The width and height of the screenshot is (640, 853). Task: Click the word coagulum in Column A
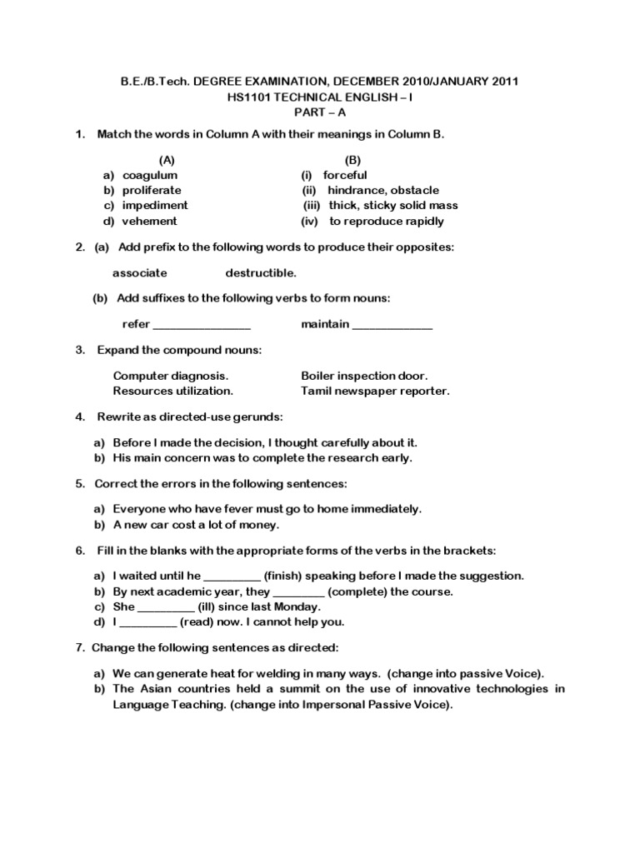[x=150, y=176]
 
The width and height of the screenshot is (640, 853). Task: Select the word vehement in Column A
[x=150, y=222]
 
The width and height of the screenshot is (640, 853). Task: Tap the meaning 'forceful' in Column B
[x=345, y=176]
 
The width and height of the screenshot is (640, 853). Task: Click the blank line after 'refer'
[x=202, y=325]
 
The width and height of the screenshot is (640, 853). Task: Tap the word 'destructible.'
[x=261, y=272]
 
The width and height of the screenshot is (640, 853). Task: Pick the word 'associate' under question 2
[x=140, y=272]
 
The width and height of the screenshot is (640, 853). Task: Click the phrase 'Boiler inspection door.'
[x=364, y=376]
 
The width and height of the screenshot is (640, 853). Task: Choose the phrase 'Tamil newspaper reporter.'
[x=375, y=391]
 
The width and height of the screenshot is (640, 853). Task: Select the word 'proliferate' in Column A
[x=152, y=191]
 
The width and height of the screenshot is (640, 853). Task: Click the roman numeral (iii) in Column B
[x=312, y=206]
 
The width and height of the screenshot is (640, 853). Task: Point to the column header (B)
[x=353, y=159]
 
